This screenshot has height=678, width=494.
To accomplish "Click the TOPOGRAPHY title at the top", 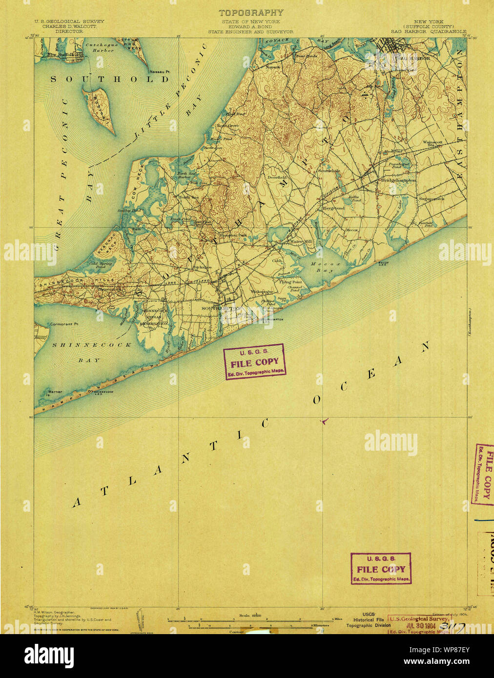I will pyautogui.click(x=250, y=13).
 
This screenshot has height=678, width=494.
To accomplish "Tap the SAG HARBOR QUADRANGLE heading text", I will pyautogui.click(x=428, y=31).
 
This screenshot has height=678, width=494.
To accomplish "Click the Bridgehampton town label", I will pyautogui.click(x=398, y=180).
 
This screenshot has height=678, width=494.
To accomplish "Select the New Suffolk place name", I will pyautogui.click(x=60, y=55).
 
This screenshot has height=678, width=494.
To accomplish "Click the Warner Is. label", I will pyautogui.click(x=54, y=392).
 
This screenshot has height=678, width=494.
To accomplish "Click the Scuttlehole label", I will pyautogui.click(x=329, y=171).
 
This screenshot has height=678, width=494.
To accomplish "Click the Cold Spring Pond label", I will pyautogui.click(x=100, y=265).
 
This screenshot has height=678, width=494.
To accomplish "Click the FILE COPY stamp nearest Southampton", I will pyautogui.click(x=254, y=362).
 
